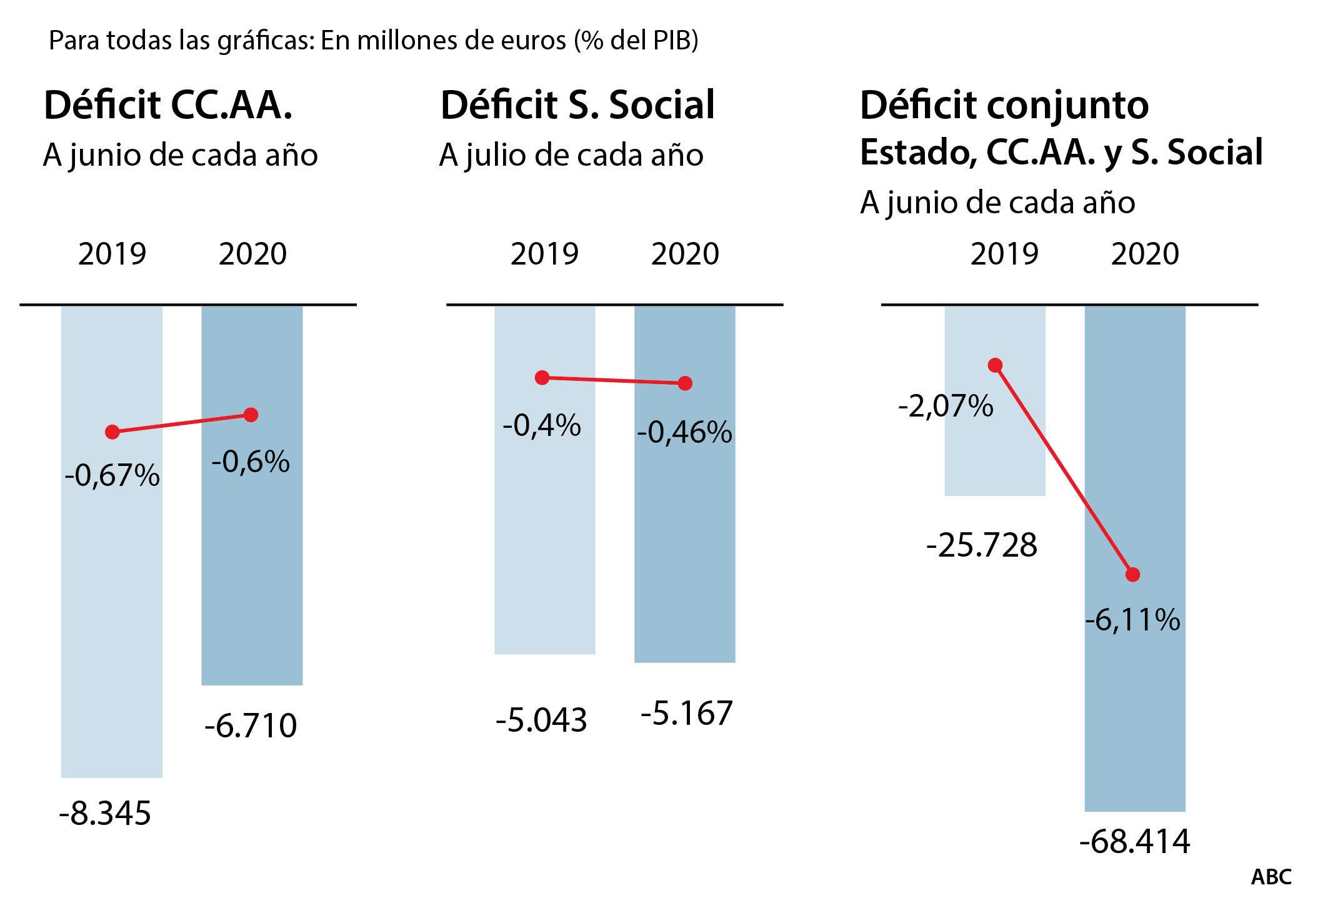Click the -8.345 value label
(x=105, y=814)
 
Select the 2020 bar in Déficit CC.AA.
(x=252, y=563)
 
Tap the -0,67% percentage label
(x=112, y=475)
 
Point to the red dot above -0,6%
(x=251, y=415)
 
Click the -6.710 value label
(x=251, y=725)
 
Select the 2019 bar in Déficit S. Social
(x=544, y=532)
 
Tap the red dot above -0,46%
(x=685, y=383)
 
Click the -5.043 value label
(x=541, y=720)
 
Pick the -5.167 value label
(x=686, y=714)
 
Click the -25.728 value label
(x=982, y=545)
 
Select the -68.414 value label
(x=1135, y=841)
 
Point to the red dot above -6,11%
(x=1132, y=574)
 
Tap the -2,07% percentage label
(x=946, y=406)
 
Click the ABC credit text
(x=1271, y=877)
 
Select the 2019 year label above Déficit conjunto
(x=1004, y=253)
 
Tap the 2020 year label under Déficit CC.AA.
(x=252, y=253)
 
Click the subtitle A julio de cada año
(x=571, y=154)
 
